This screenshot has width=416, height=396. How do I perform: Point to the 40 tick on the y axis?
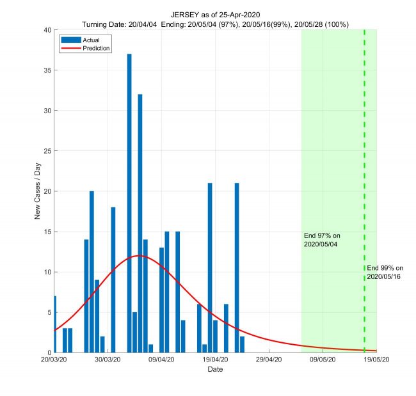click(47, 30)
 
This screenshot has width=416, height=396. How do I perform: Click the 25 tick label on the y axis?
click(47, 151)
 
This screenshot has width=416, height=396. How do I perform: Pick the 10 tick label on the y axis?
click(47, 272)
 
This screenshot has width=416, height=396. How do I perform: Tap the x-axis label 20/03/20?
click(54, 361)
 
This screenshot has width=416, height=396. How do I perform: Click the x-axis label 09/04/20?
click(161, 361)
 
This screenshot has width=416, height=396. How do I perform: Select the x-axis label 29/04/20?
click(269, 361)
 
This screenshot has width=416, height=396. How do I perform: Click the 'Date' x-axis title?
click(215, 370)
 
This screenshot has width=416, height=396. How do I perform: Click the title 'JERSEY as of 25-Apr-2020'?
click(215, 15)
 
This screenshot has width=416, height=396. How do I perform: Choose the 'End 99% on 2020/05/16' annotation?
click(385, 272)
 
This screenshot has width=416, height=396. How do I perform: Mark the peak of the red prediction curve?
click(140, 256)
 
